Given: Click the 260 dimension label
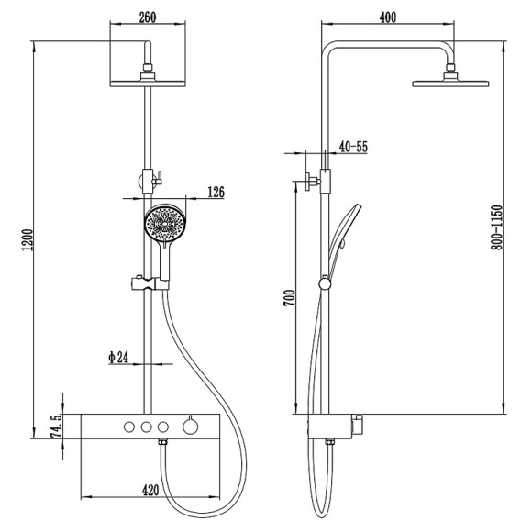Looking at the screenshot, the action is pos(148,17).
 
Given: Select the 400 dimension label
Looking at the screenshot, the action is pos(387,17).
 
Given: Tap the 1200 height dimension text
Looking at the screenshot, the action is pos(28,240).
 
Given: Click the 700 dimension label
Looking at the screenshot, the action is pos(290,298).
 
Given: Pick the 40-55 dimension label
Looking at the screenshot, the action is pos(353,147).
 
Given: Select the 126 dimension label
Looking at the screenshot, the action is pos(216,192).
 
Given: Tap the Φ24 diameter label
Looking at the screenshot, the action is pos(118,358).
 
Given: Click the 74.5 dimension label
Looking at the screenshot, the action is pos(57,426).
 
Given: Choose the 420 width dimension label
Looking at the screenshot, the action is pos(150,490).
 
